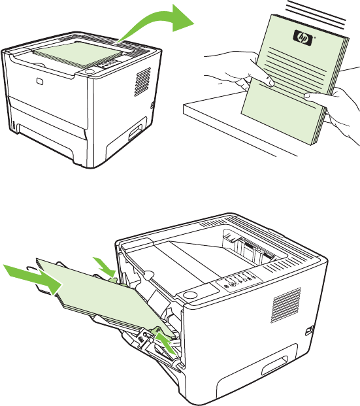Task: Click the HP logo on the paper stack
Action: click(303, 38)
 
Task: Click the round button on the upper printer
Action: click(90, 71)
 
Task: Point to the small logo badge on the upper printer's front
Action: click(40, 81)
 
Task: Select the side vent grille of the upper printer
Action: click(142, 82)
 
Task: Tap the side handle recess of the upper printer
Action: click(135, 131)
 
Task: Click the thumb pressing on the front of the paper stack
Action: click(261, 73)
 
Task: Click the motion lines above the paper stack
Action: click(316, 14)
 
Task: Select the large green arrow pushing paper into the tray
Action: click(33, 279)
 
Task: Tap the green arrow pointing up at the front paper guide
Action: click(166, 344)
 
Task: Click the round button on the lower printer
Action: click(189, 295)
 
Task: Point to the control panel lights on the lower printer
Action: click(239, 280)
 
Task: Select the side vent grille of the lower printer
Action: click(286, 305)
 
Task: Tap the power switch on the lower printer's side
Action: click(309, 331)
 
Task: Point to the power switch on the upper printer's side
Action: click(152, 105)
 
